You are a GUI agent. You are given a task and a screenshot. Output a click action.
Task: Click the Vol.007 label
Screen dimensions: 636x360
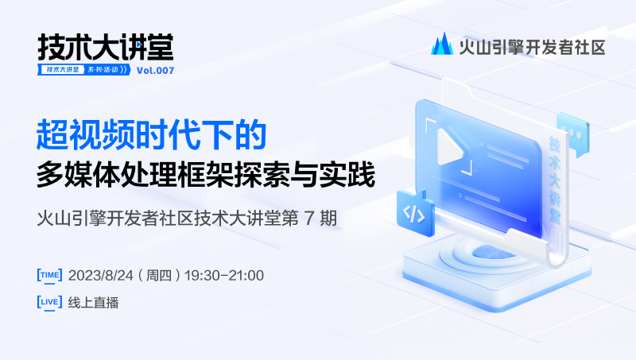pos(155,71)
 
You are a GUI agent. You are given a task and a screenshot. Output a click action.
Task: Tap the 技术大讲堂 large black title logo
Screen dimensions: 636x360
pos(106,47)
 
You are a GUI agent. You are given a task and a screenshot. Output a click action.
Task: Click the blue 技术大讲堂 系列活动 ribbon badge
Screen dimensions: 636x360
pos(84,70)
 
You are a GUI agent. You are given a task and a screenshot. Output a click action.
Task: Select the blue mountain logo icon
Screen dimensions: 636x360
pos(442,44)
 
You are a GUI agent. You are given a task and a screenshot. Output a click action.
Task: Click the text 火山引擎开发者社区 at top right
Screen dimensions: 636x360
pos(532,48)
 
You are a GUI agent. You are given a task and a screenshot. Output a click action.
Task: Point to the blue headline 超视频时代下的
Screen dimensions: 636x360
pos(151,134)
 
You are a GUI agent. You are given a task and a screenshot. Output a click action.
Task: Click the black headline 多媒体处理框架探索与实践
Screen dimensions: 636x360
pos(206,175)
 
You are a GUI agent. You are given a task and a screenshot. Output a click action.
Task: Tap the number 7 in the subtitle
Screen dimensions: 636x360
pos(309,219)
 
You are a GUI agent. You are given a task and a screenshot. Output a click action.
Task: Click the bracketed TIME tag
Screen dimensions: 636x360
pos(49,275)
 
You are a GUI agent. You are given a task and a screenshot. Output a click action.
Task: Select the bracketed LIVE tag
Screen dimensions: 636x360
pos(49,303)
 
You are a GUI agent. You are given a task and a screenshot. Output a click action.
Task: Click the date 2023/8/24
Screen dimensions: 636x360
pos(101,276)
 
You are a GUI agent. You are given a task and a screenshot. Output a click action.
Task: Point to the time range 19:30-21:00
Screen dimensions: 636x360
pos(224,276)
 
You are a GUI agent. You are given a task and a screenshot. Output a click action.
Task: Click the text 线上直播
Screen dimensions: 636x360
pos(93,303)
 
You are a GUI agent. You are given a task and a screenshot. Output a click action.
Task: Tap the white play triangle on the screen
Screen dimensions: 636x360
pos(449,146)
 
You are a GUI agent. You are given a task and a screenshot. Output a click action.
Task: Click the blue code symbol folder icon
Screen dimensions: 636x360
pos(414,212)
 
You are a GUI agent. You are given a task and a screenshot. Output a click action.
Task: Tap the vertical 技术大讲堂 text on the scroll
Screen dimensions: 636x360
pos(555,180)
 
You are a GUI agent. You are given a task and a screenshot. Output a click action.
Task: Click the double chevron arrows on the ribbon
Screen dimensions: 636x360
pos(124,70)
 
